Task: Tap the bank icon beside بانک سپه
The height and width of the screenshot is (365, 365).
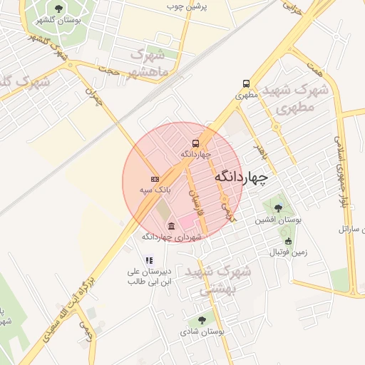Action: (155, 178)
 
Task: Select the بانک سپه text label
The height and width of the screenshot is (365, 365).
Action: (154, 190)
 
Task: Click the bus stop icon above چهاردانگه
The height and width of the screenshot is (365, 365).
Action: (195, 143)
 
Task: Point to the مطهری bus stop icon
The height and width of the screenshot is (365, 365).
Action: (246, 83)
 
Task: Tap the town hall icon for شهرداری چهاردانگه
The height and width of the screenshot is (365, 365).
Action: (171, 226)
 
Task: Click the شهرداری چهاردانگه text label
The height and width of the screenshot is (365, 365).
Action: (172, 237)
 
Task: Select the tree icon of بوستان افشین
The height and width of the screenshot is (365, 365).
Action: (277, 209)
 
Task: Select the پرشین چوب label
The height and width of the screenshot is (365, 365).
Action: (186, 6)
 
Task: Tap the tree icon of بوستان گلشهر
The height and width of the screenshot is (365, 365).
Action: (58, 9)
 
